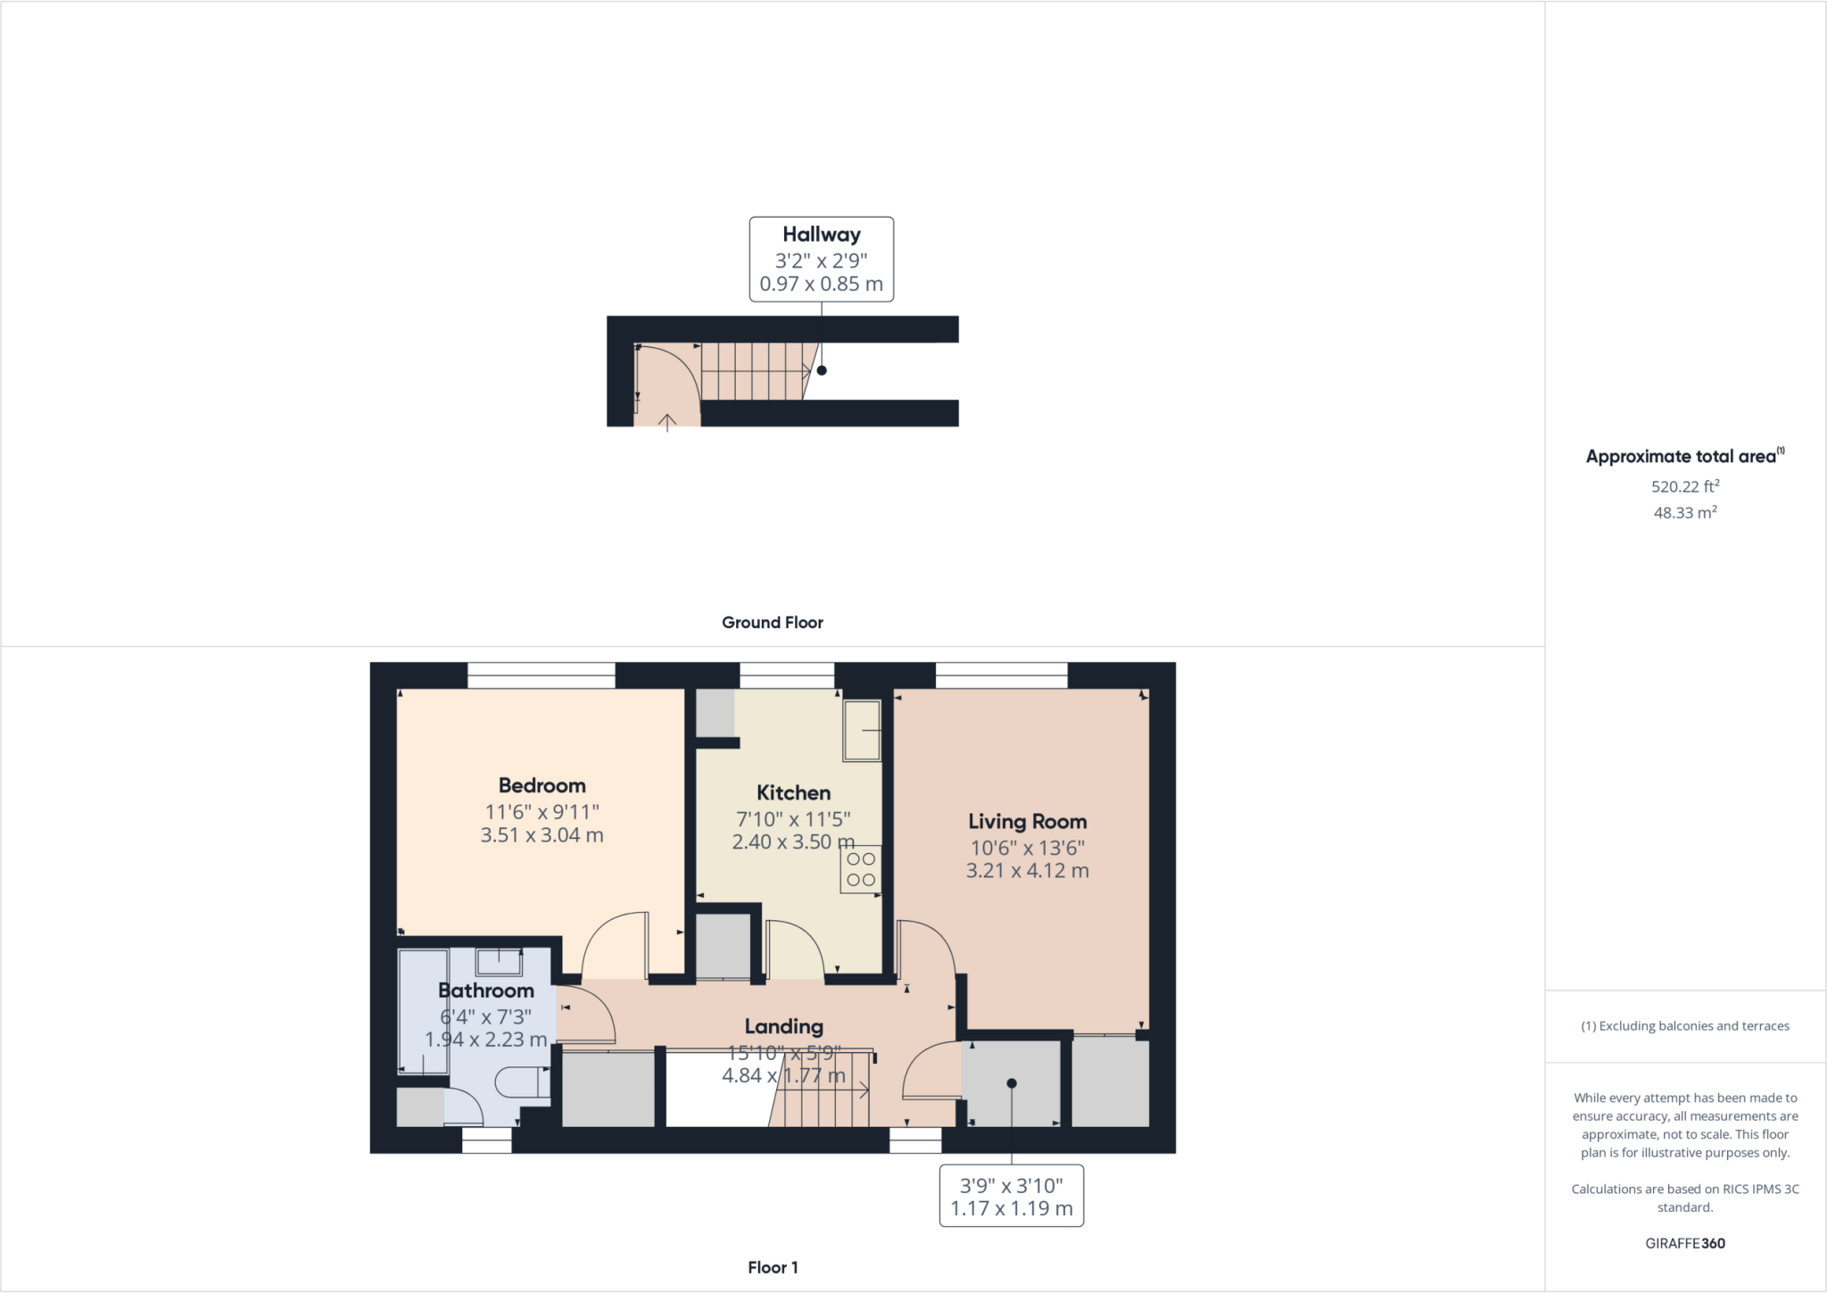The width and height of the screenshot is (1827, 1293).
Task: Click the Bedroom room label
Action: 541,785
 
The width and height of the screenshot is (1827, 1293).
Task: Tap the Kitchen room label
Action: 793,792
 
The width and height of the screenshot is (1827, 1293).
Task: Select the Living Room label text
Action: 1027,821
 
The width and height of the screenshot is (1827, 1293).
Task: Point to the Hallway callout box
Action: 821,259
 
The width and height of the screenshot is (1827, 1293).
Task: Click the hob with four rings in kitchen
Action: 861,869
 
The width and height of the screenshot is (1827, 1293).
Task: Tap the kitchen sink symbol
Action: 862,730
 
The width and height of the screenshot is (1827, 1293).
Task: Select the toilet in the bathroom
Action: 521,1082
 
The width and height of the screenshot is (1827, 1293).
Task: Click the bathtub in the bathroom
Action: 423,1012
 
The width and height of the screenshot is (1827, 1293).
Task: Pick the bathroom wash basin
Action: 499,962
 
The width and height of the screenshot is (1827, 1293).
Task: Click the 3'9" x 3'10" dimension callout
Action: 1011,1196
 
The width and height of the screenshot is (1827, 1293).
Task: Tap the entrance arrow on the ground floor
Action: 667,422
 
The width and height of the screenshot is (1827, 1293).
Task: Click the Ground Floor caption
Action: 772,623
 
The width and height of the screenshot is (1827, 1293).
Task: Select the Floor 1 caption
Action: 773,1267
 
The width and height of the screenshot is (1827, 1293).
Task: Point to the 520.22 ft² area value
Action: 1684,486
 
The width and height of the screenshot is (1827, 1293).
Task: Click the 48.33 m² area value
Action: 1684,512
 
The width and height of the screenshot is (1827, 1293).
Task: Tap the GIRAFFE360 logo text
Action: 1684,1243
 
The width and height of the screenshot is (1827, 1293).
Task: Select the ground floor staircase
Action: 754,371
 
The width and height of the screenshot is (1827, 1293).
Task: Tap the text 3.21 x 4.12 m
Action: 1027,871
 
